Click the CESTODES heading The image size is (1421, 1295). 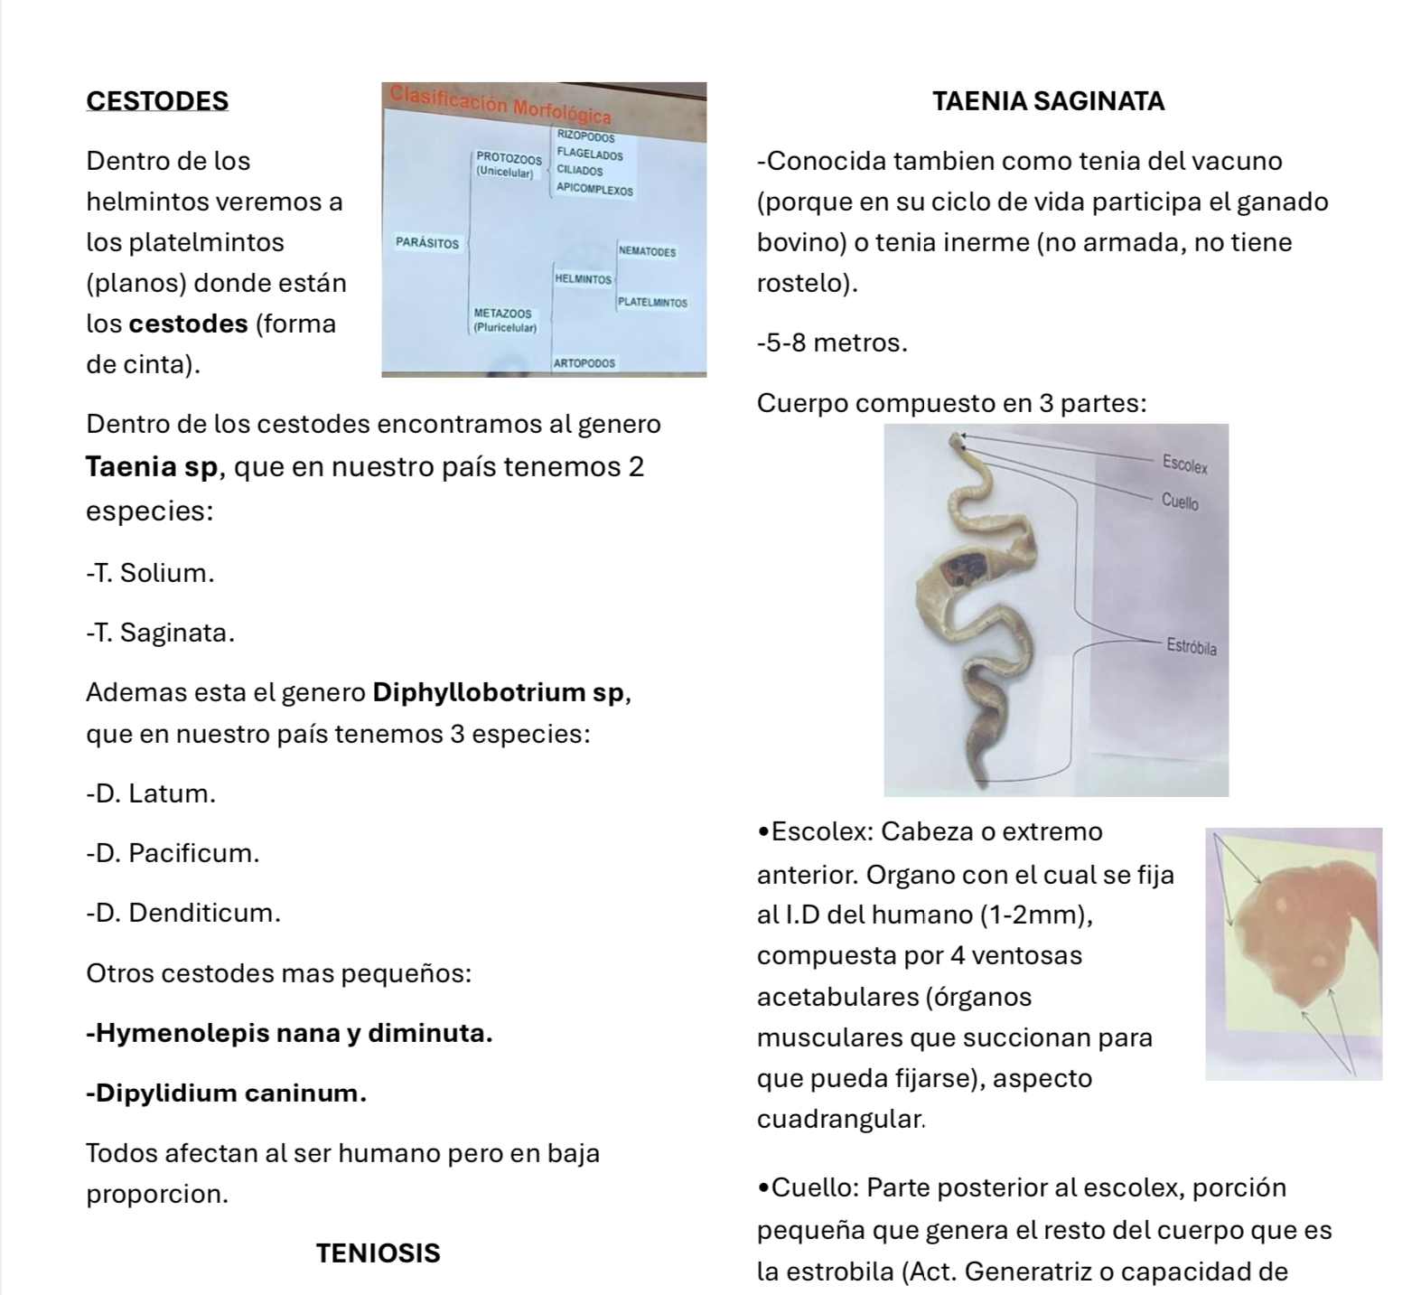[x=157, y=100]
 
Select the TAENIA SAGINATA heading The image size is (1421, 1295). [x=1048, y=100]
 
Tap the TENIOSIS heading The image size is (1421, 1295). [x=378, y=1253]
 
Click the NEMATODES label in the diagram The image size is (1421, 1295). [x=647, y=252]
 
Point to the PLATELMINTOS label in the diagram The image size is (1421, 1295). [x=652, y=303]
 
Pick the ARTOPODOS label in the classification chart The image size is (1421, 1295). [x=584, y=363]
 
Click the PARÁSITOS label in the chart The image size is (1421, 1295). [x=426, y=243]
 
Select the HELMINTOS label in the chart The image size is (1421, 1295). [x=583, y=279]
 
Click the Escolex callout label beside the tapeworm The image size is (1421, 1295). [x=1184, y=465]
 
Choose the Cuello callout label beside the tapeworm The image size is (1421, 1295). [x=1180, y=501]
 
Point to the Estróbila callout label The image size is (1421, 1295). [x=1191, y=647]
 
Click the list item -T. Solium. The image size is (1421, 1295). [x=151, y=573]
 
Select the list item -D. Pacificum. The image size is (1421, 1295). [x=173, y=852]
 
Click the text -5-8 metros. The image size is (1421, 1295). [x=832, y=343]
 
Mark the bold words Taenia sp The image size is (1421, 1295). [x=152, y=467]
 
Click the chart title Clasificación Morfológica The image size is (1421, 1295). [x=500, y=104]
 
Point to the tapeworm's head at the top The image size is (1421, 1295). [x=956, y=440]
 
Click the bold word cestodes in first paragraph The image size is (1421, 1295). [x=188, y=324]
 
